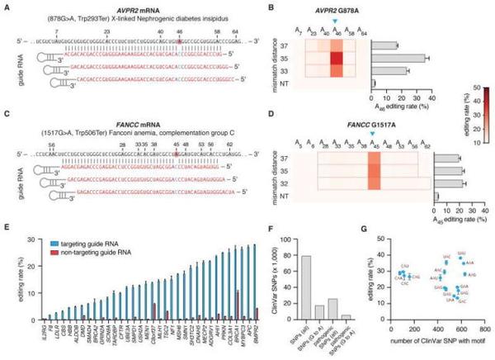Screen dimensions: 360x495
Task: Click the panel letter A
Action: point(5,4)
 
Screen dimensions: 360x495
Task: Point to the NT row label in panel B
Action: point(284,83)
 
